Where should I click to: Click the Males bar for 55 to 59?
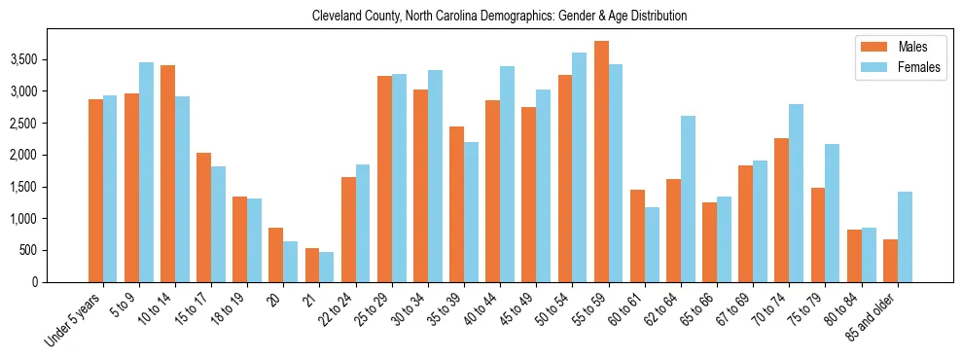(x=602, y=162)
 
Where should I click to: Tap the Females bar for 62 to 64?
(x=688, y=198)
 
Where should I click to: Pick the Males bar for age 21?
(x=312, y=265)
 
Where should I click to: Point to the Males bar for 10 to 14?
(x=167, y=173)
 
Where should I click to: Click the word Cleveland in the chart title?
(x=338, y=17)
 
